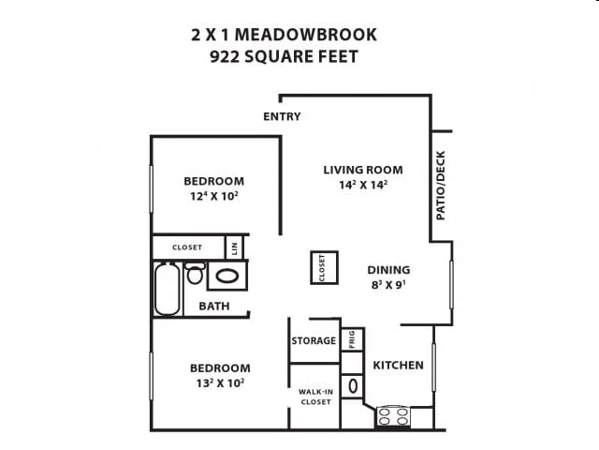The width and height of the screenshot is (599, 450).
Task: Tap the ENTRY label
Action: (282, 116)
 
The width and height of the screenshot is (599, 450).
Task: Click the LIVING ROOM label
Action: (363, 170)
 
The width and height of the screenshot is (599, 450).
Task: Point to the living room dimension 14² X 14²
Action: (363, 185)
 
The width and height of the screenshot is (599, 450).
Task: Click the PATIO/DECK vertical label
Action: (441, 186)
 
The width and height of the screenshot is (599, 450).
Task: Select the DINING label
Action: (388, 270)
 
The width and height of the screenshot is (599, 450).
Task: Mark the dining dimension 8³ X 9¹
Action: (388, 285)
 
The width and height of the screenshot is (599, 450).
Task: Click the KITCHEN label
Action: (399, 365)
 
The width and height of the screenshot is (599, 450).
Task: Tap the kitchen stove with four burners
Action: (393, 416)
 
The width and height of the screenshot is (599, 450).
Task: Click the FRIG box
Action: (352, 339)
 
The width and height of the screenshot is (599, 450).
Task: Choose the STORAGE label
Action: (314, 340)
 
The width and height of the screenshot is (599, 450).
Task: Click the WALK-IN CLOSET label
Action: (314, 397)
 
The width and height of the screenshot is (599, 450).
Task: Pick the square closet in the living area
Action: (323, 267)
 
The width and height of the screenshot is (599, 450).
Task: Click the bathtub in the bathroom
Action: (168, 289)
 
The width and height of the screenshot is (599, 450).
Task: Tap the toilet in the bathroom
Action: (195, 274)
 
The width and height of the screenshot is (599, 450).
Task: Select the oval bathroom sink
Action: (226, 276)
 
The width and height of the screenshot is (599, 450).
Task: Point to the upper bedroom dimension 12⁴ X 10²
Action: (213, 197)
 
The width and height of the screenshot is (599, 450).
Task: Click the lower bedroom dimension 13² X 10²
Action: (220, 382)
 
